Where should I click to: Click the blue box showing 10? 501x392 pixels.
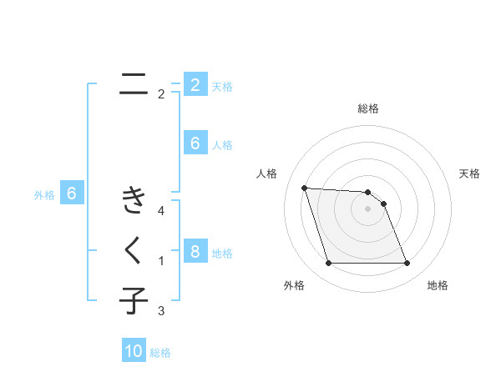click(x=134, y=351)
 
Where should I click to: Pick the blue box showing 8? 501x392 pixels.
click(x=195, y=252)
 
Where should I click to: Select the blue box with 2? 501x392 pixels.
click(x=195, y=84)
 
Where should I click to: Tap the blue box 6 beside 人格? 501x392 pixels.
click(x=195, y=143)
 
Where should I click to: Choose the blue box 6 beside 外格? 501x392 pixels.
click(x=72, y=194)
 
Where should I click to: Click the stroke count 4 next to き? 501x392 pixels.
click(x=161, y=211)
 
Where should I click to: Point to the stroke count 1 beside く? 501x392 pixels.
click(x=161, y=261)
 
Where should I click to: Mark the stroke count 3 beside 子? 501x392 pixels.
click(x=161, y=311)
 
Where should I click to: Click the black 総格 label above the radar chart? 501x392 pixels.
click(x=367, y=108)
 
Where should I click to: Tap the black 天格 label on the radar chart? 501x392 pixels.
click(x=469, y=173)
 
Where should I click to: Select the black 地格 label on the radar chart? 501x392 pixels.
click(x=438, y=285)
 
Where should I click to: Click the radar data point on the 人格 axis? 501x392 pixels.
click(x=304, y=188)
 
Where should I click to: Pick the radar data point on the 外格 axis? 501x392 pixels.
click(x=328, y=264)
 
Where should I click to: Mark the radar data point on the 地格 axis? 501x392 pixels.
click(x=407, y=264)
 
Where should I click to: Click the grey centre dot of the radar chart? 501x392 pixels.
click(x=367, y=209)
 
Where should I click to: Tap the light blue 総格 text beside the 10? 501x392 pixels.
click(x=160, y=353)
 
